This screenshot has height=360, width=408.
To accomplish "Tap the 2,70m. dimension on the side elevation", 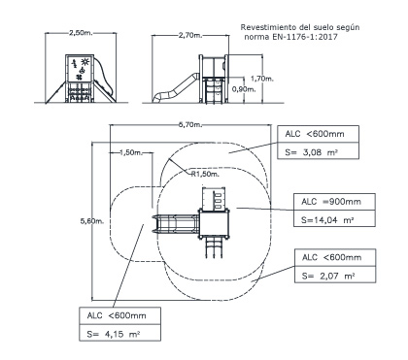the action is point(190,35).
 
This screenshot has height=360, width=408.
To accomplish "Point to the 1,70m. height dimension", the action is point(262,79).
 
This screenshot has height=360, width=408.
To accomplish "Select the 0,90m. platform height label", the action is point(244,89).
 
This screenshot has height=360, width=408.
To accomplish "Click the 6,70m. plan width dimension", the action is point(190,125).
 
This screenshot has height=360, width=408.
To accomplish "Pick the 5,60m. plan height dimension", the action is point(92,221).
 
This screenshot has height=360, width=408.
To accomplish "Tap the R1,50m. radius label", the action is point(205,174).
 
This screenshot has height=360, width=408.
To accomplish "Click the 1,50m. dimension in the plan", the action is point(131,152).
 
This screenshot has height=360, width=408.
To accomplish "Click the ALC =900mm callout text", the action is point(331,202).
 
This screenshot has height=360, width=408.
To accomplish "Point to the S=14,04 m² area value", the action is point(327,220).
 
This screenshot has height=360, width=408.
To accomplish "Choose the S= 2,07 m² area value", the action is point(328,276).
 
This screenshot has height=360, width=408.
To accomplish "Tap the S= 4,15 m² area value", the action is point(114,334).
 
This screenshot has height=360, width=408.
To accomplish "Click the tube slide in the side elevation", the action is point(176,88).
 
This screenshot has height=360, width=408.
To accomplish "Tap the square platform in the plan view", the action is point(215,223).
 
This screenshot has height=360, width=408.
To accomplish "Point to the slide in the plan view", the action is point(176,224).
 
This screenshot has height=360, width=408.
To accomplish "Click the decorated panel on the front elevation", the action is point(80,68).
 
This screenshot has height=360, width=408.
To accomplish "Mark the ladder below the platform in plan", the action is point(215,248).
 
